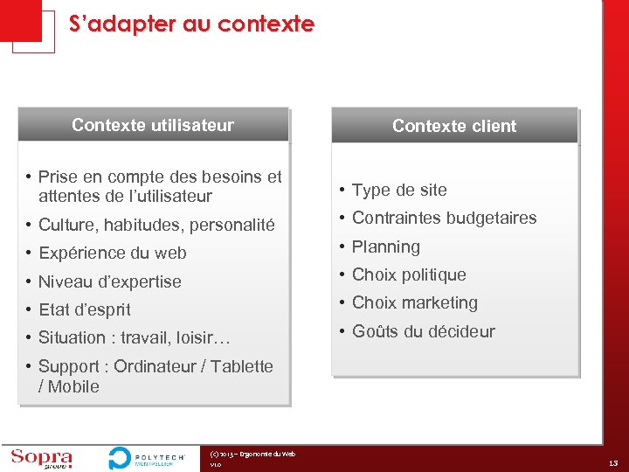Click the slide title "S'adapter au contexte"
[191, 24]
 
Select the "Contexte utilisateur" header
[153, 125]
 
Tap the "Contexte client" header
[454, 126]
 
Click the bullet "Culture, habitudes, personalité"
[156, 225]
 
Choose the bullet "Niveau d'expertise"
[110, 281]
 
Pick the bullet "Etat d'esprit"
[85, 309]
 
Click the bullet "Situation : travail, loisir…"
[133, 337]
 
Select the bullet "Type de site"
[399, 190]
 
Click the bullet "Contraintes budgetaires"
[444, 218]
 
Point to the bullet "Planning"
[386, 246]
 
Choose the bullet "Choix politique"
[409, 274]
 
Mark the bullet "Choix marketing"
[415, 302]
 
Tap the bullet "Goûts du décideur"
[423, 331]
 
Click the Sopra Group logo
[41, 458]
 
